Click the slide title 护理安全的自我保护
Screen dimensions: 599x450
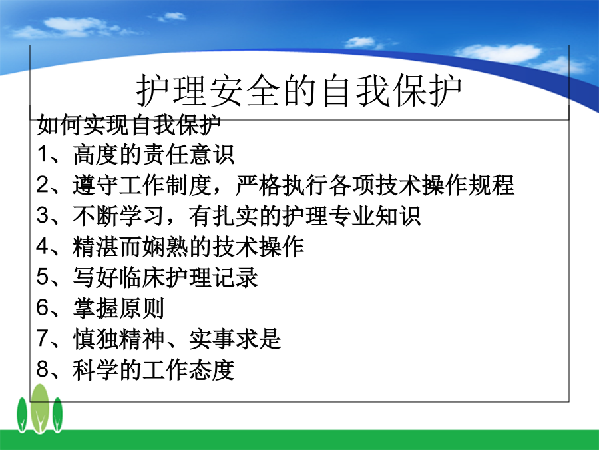coord(299,90)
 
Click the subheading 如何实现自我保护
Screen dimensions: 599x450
coord(129,125)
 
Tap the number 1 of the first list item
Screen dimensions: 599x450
coord(42,154)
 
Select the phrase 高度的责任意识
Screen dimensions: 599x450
coord(154,155)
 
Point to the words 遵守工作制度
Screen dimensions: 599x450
coord(142,185)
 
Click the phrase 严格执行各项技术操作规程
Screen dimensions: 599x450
coord(375,185)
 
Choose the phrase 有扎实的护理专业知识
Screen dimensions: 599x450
coord(305,216)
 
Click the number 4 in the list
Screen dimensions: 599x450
coord(42,246)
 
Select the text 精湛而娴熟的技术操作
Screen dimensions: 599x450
coord(188,247)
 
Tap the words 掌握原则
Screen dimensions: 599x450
coord(118,307)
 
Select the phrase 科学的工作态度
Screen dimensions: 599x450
coord(154,369)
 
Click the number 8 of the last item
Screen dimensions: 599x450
coord(42,369)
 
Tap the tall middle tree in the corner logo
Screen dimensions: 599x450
coord(40,409)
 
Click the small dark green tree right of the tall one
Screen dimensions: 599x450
coord(57,415)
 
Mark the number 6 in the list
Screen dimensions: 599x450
coord(42,307)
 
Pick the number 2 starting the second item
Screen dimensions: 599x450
coord(42,185)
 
